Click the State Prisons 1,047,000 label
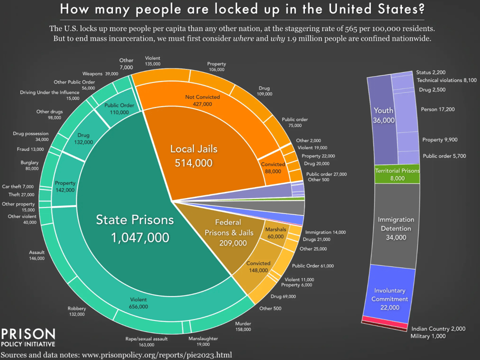(x=135, y=228)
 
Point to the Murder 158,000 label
(x=244, y=326)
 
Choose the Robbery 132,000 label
(x=76, y=311)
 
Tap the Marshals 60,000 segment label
(x=275, y=232)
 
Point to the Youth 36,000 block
(x=383, y=115)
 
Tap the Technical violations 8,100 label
(x=446, y=80)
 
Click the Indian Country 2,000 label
(x=438, y=328)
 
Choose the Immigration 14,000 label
(x=324, y=232)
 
